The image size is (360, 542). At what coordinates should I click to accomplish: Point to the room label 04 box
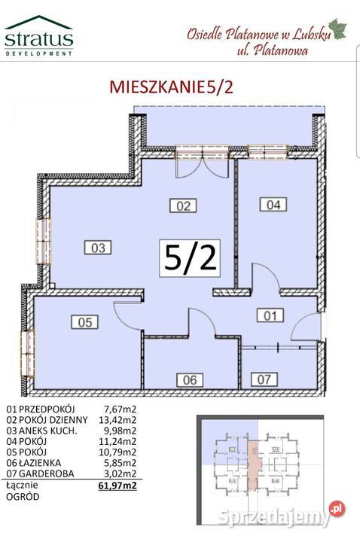273,202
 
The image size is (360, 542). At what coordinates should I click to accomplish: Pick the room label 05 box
86,322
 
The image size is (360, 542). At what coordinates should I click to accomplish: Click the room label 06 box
189,379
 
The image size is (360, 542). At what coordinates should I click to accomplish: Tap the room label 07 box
261,379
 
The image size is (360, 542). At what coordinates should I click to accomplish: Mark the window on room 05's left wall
28,347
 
